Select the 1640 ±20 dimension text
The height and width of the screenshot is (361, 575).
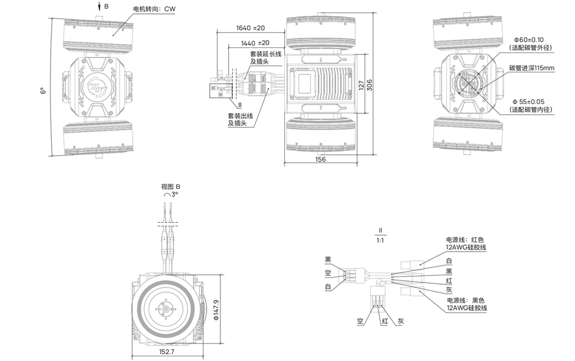(x=250, y=28)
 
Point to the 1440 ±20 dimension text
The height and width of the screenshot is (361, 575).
(x=255, y=43)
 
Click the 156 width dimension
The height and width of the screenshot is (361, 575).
(x=321, y=159)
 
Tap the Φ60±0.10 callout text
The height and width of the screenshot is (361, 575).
(x=532, y=40)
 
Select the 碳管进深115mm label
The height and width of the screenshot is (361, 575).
(x=531, y=68)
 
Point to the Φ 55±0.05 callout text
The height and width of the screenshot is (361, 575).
(x=532, y=102)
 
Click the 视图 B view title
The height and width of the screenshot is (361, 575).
(x=171, y=187)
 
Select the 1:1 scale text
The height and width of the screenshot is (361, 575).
(x=380, y=240)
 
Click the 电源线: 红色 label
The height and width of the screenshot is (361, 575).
(x=466, y=240)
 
